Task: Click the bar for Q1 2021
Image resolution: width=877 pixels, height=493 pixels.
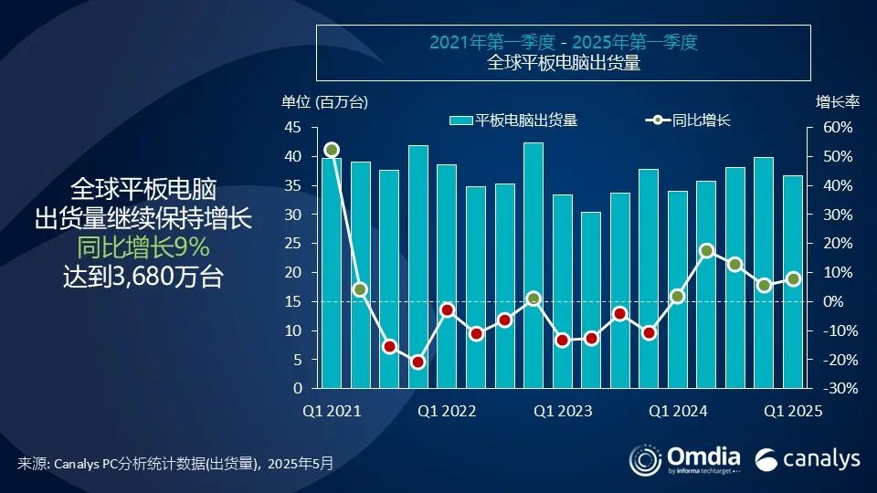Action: (x=331, y=274)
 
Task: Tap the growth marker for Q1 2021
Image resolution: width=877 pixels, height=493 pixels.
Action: (x=332, y=150)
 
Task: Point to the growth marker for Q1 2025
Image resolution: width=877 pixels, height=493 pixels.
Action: (x=793, y=279)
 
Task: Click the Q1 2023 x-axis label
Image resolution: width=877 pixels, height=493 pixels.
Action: (x=563, y=412)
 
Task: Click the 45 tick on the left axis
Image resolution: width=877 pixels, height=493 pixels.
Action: (x=293, y=128)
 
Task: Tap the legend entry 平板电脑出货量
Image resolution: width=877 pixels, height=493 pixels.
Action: (x=525, y=121)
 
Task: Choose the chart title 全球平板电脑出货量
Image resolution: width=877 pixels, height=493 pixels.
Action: (x=563, y=63)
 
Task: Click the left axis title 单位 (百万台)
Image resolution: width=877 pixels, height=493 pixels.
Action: (x=324, y=101)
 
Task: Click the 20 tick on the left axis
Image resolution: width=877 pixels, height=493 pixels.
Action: (x=293, y=273)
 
